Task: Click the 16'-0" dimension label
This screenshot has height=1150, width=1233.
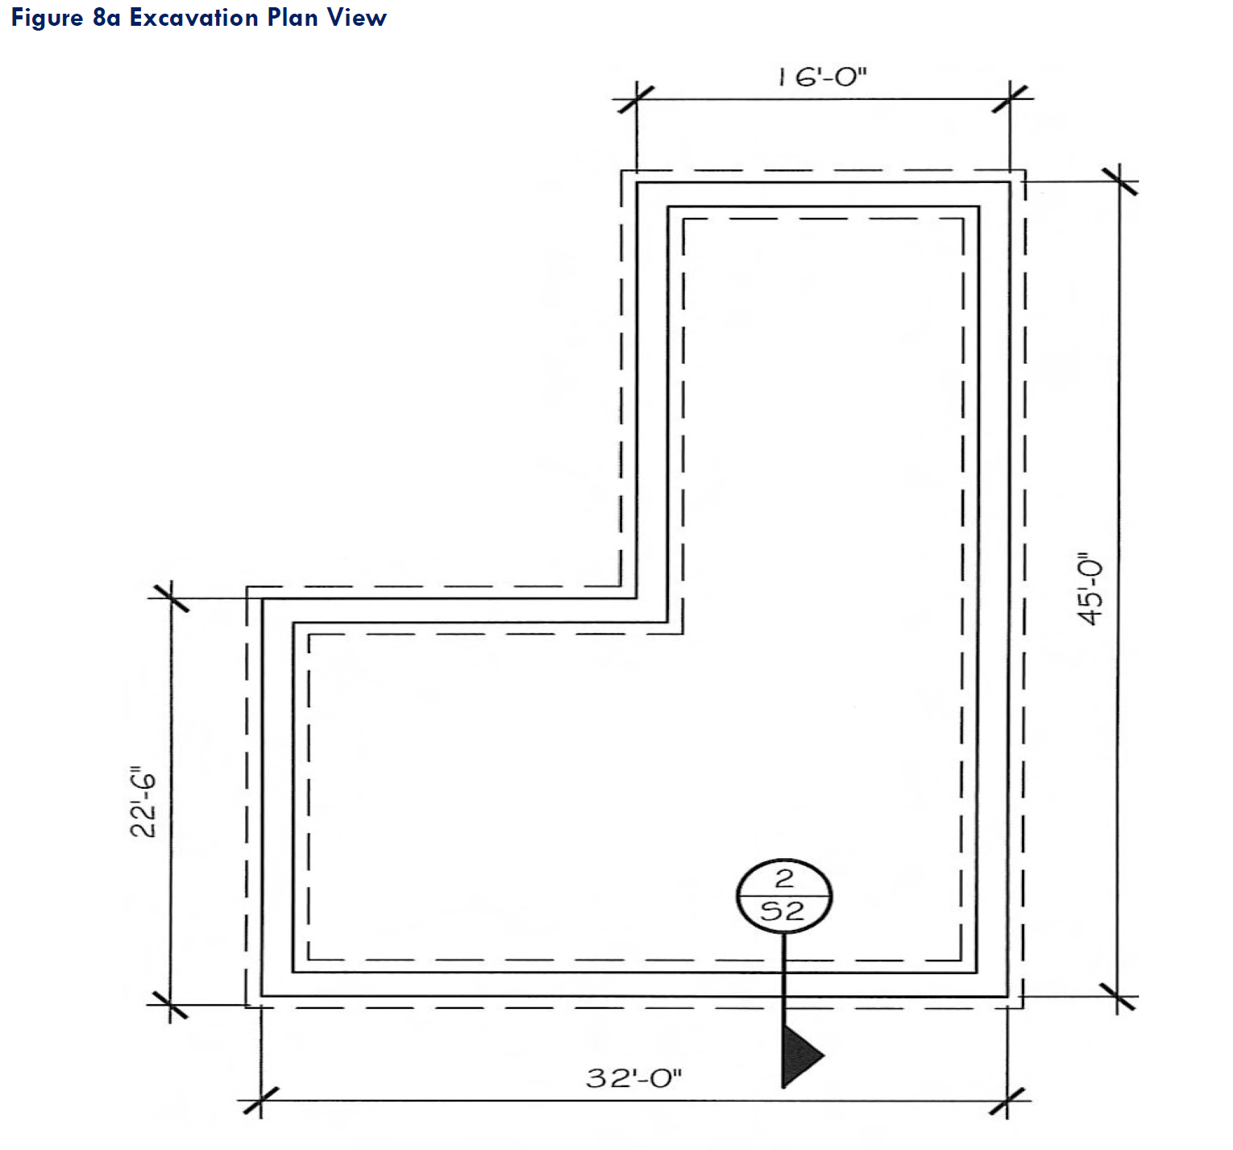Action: pyautogui.click(x=822, y=78)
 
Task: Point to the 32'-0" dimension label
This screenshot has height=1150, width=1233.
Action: pyautogui.click(x=633, y=1077)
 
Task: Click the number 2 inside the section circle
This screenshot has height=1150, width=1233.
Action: pyautogui.click(x=784, y=878)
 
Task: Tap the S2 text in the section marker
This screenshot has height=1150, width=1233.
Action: pyautogui.click(x=783, y=911)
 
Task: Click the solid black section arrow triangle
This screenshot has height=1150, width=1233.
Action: pyautogui.click(x=799, y=1055)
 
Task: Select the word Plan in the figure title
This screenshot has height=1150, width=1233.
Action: pyautogui.click(x=293, y=18)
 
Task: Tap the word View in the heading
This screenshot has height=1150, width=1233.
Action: pyautogui.click(x=356, y=18)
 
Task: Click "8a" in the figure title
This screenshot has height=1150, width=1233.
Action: pyautogui.click(x=106, y=18)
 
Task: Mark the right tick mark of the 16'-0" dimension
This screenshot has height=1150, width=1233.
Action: pyautogui.click(x=1011, y=99)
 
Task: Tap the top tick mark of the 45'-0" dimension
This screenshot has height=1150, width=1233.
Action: pyautogui.click(x=1120, y=181)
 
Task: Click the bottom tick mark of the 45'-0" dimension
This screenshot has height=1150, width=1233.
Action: pyautogui.click(x=1120, y=998)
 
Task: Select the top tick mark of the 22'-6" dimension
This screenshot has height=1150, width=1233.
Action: pyautogui.click(x=169, y=598)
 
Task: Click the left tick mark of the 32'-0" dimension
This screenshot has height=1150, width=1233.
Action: pyautogui.click(x=260, y=1101)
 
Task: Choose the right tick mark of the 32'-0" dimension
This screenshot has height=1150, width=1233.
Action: pyautogui.click(x=1008, y=1101)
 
